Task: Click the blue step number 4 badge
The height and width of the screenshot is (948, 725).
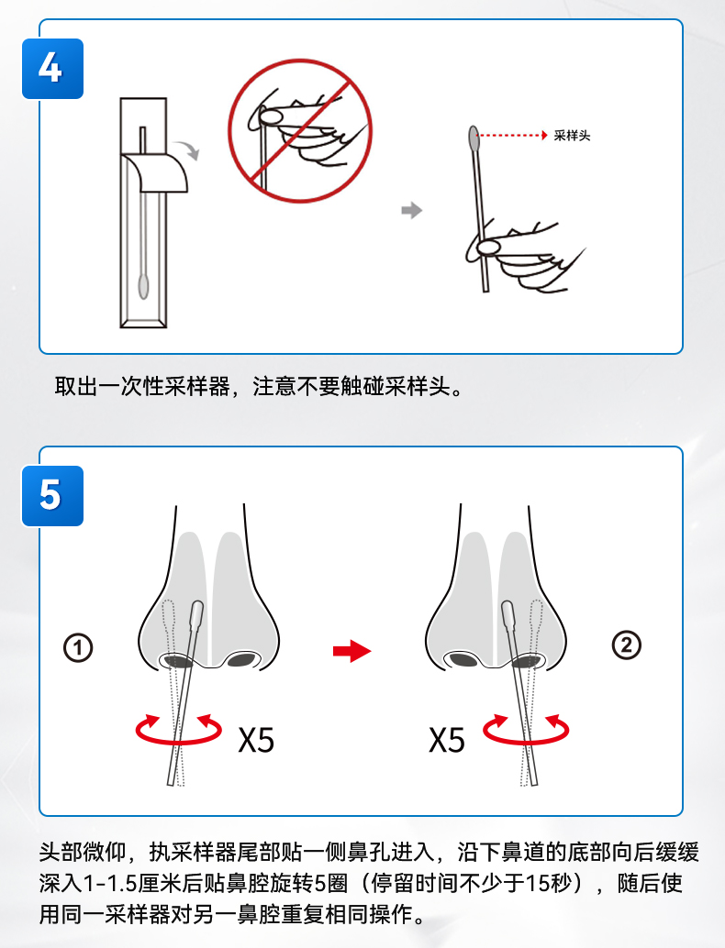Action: coord(52,69)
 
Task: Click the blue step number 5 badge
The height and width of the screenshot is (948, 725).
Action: coord(52,496)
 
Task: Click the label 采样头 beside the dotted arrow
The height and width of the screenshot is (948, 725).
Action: coord(572,136)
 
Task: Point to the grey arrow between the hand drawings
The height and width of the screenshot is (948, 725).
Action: coord(411,210)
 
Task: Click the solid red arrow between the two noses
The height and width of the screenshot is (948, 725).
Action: coord(351,651)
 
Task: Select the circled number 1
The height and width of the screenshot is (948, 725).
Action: coord(78,647)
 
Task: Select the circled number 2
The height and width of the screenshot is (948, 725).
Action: coord(627,645)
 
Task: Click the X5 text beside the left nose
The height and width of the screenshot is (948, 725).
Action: coord(256,739)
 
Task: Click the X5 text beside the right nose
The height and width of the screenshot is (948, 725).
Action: coord(447,739)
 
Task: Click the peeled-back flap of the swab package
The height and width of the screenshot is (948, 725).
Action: coord(155,172)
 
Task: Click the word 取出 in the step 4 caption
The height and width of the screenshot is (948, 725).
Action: coord(76,386)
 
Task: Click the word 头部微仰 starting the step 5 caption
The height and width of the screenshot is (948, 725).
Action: coord(83,851)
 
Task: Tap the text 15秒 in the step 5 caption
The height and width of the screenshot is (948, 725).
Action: coord(548,883)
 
